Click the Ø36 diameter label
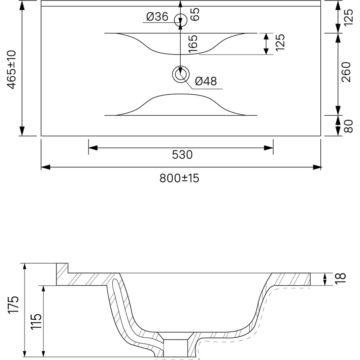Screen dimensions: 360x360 (x=157, y=17)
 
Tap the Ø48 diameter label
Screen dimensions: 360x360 (x=206, y=81)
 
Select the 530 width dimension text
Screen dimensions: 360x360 (x=182, y=155)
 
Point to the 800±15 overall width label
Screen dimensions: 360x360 (x=179, y=178)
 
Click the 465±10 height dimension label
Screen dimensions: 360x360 (x=12, y=69)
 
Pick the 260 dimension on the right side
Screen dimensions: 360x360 (x=346, y=72)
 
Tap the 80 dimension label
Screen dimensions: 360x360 (x=348, y=126)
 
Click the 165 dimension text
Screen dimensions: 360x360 (x=193, y=44)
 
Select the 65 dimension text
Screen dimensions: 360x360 (x=195, y=14)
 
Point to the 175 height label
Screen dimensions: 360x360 (x=13, y=305)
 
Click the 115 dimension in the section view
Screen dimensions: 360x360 (x=36, y=321)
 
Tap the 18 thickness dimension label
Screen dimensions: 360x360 (x=341, y=279)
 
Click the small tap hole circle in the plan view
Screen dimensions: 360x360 (x=181, y=21)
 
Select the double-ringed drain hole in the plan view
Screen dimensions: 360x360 (x=181, y=74)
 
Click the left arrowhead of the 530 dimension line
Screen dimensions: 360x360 (x=93, y=148)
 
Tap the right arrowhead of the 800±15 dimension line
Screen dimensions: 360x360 (x=316, y=167)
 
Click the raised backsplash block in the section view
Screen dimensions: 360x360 (x=62, y=274)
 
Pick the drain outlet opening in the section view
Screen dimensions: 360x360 (x=176, y=348)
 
